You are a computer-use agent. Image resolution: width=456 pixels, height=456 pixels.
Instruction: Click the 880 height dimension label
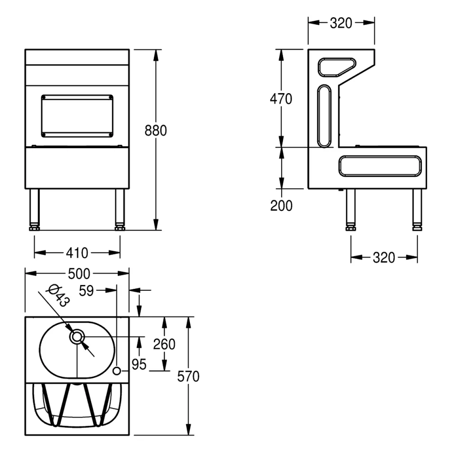(156, 131)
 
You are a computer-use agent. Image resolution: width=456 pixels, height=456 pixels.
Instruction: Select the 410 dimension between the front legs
(77, 253)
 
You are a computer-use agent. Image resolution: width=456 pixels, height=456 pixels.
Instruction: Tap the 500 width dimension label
(79, 274)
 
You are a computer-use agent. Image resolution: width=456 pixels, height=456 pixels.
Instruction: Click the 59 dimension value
(86, 291)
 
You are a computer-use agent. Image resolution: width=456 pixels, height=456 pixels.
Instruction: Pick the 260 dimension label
(164, 344)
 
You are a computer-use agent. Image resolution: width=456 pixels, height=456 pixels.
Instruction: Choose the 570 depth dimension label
(189, 376)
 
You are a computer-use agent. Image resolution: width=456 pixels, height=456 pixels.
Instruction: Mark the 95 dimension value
(139, 364)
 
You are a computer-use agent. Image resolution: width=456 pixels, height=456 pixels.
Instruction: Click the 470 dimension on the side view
(281, 99)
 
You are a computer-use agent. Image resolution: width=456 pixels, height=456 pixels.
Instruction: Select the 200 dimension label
(281, 206)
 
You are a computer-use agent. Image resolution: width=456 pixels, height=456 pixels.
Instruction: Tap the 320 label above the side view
(341, 23)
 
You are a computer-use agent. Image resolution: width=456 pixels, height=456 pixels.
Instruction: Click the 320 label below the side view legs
(384, 257)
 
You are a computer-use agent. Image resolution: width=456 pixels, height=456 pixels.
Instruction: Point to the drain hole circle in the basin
(77, 337)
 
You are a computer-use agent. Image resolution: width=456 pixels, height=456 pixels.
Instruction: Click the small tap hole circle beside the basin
(117, 371)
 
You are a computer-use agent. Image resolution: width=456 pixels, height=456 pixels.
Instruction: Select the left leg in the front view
(34, 209)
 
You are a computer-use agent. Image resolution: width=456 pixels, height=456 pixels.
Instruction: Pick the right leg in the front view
(120, 209)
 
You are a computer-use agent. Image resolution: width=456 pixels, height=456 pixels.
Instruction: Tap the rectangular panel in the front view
(77, 116)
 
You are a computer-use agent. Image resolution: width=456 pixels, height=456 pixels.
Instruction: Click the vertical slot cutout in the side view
(324, 116)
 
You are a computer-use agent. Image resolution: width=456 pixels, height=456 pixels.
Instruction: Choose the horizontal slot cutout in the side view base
(380, 166)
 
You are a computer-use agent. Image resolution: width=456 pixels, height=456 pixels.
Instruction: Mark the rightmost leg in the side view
(417, 209)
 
